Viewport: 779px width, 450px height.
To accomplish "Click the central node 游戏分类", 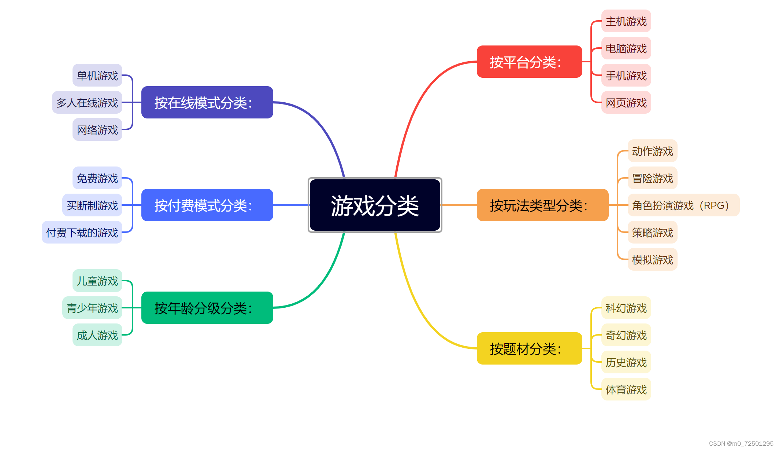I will (375, 205).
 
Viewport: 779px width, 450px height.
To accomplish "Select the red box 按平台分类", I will (529, 62).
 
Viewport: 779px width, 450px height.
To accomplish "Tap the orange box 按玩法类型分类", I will (542, 205).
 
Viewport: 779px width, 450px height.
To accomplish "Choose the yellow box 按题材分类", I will (529, 348).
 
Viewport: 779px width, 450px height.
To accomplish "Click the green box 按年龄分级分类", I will (207, 308).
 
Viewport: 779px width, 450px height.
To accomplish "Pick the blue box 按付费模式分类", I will (207, 205).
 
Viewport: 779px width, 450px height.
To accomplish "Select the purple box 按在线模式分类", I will (207, 102).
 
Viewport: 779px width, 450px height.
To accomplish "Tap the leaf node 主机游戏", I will (626, 21).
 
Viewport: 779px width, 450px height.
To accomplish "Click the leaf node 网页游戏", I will (626, 103).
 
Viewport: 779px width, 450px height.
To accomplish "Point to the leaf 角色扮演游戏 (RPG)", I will (683, 205).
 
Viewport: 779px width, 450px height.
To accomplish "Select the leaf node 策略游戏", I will (652, 232).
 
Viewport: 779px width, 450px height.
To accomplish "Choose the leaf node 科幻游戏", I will (626, 308).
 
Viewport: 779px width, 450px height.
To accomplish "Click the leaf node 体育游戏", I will (626, 389).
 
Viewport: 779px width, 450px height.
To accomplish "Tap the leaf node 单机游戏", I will (97, 76).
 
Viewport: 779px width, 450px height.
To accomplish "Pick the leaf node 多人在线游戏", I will (87, 102).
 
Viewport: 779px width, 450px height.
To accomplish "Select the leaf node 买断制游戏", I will (92, 205).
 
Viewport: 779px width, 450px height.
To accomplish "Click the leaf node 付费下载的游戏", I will (82, 232).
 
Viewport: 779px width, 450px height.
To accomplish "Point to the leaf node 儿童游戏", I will (97, 281).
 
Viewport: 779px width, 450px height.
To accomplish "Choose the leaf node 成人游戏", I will (97, 335).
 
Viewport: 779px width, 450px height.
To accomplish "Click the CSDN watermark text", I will (741, 443).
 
